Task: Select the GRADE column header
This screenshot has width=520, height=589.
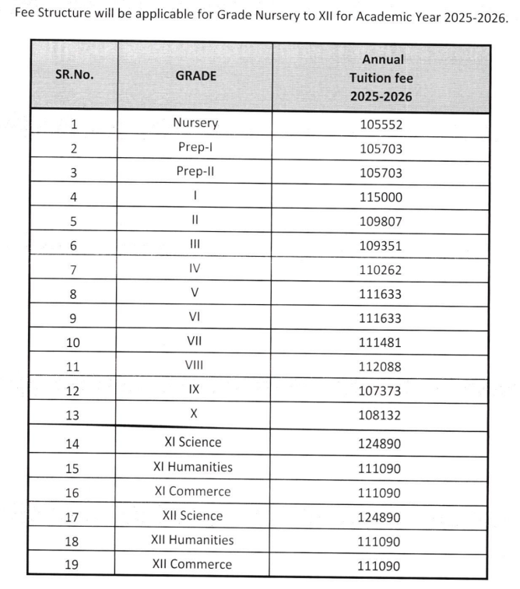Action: (x=195, y=77)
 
